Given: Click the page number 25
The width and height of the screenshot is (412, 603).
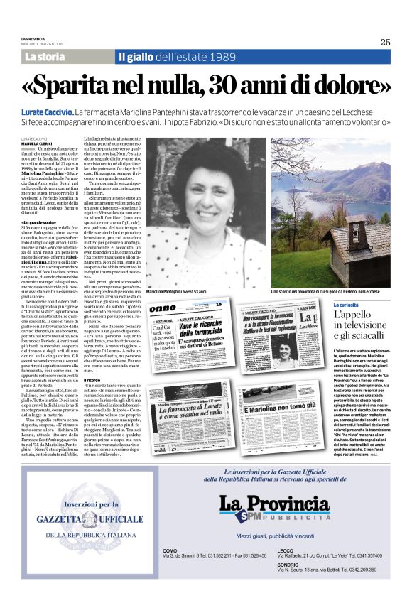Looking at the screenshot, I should coord(385,42).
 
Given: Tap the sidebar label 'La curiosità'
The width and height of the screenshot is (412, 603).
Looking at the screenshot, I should coord(349,305).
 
